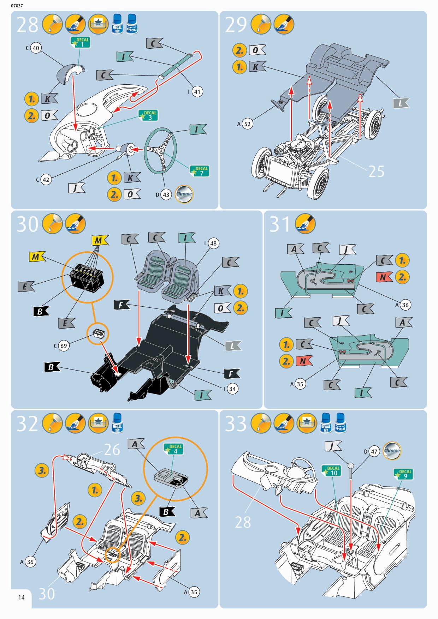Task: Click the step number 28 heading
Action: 27,25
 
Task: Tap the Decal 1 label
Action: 81,43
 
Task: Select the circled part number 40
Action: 36,48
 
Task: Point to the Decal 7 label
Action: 200,171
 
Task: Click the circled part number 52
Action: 248,124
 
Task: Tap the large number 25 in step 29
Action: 376,172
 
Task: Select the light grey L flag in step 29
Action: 401,103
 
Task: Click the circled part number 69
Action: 64,346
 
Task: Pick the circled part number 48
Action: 213,244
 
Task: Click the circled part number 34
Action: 232,389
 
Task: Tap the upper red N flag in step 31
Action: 384,277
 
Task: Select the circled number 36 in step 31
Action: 405,305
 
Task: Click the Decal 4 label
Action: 174,449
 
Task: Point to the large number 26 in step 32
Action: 112,449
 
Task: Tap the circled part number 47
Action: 374,451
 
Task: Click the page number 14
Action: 21,597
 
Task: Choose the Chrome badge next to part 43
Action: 184,194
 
